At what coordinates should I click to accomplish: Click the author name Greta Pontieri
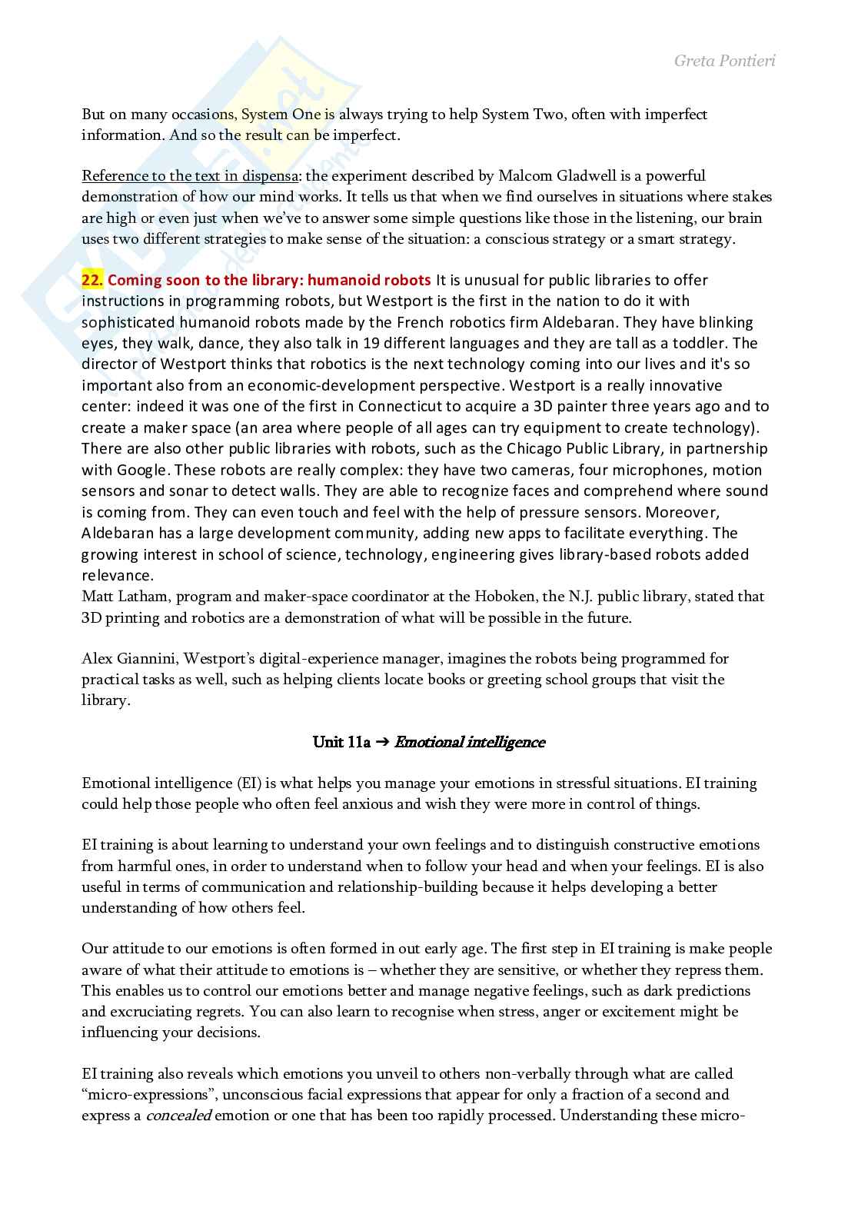(x=724, y=60)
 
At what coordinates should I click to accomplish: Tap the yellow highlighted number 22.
(x=91, y=280)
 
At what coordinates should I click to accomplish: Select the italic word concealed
(x=178, y=1116)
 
